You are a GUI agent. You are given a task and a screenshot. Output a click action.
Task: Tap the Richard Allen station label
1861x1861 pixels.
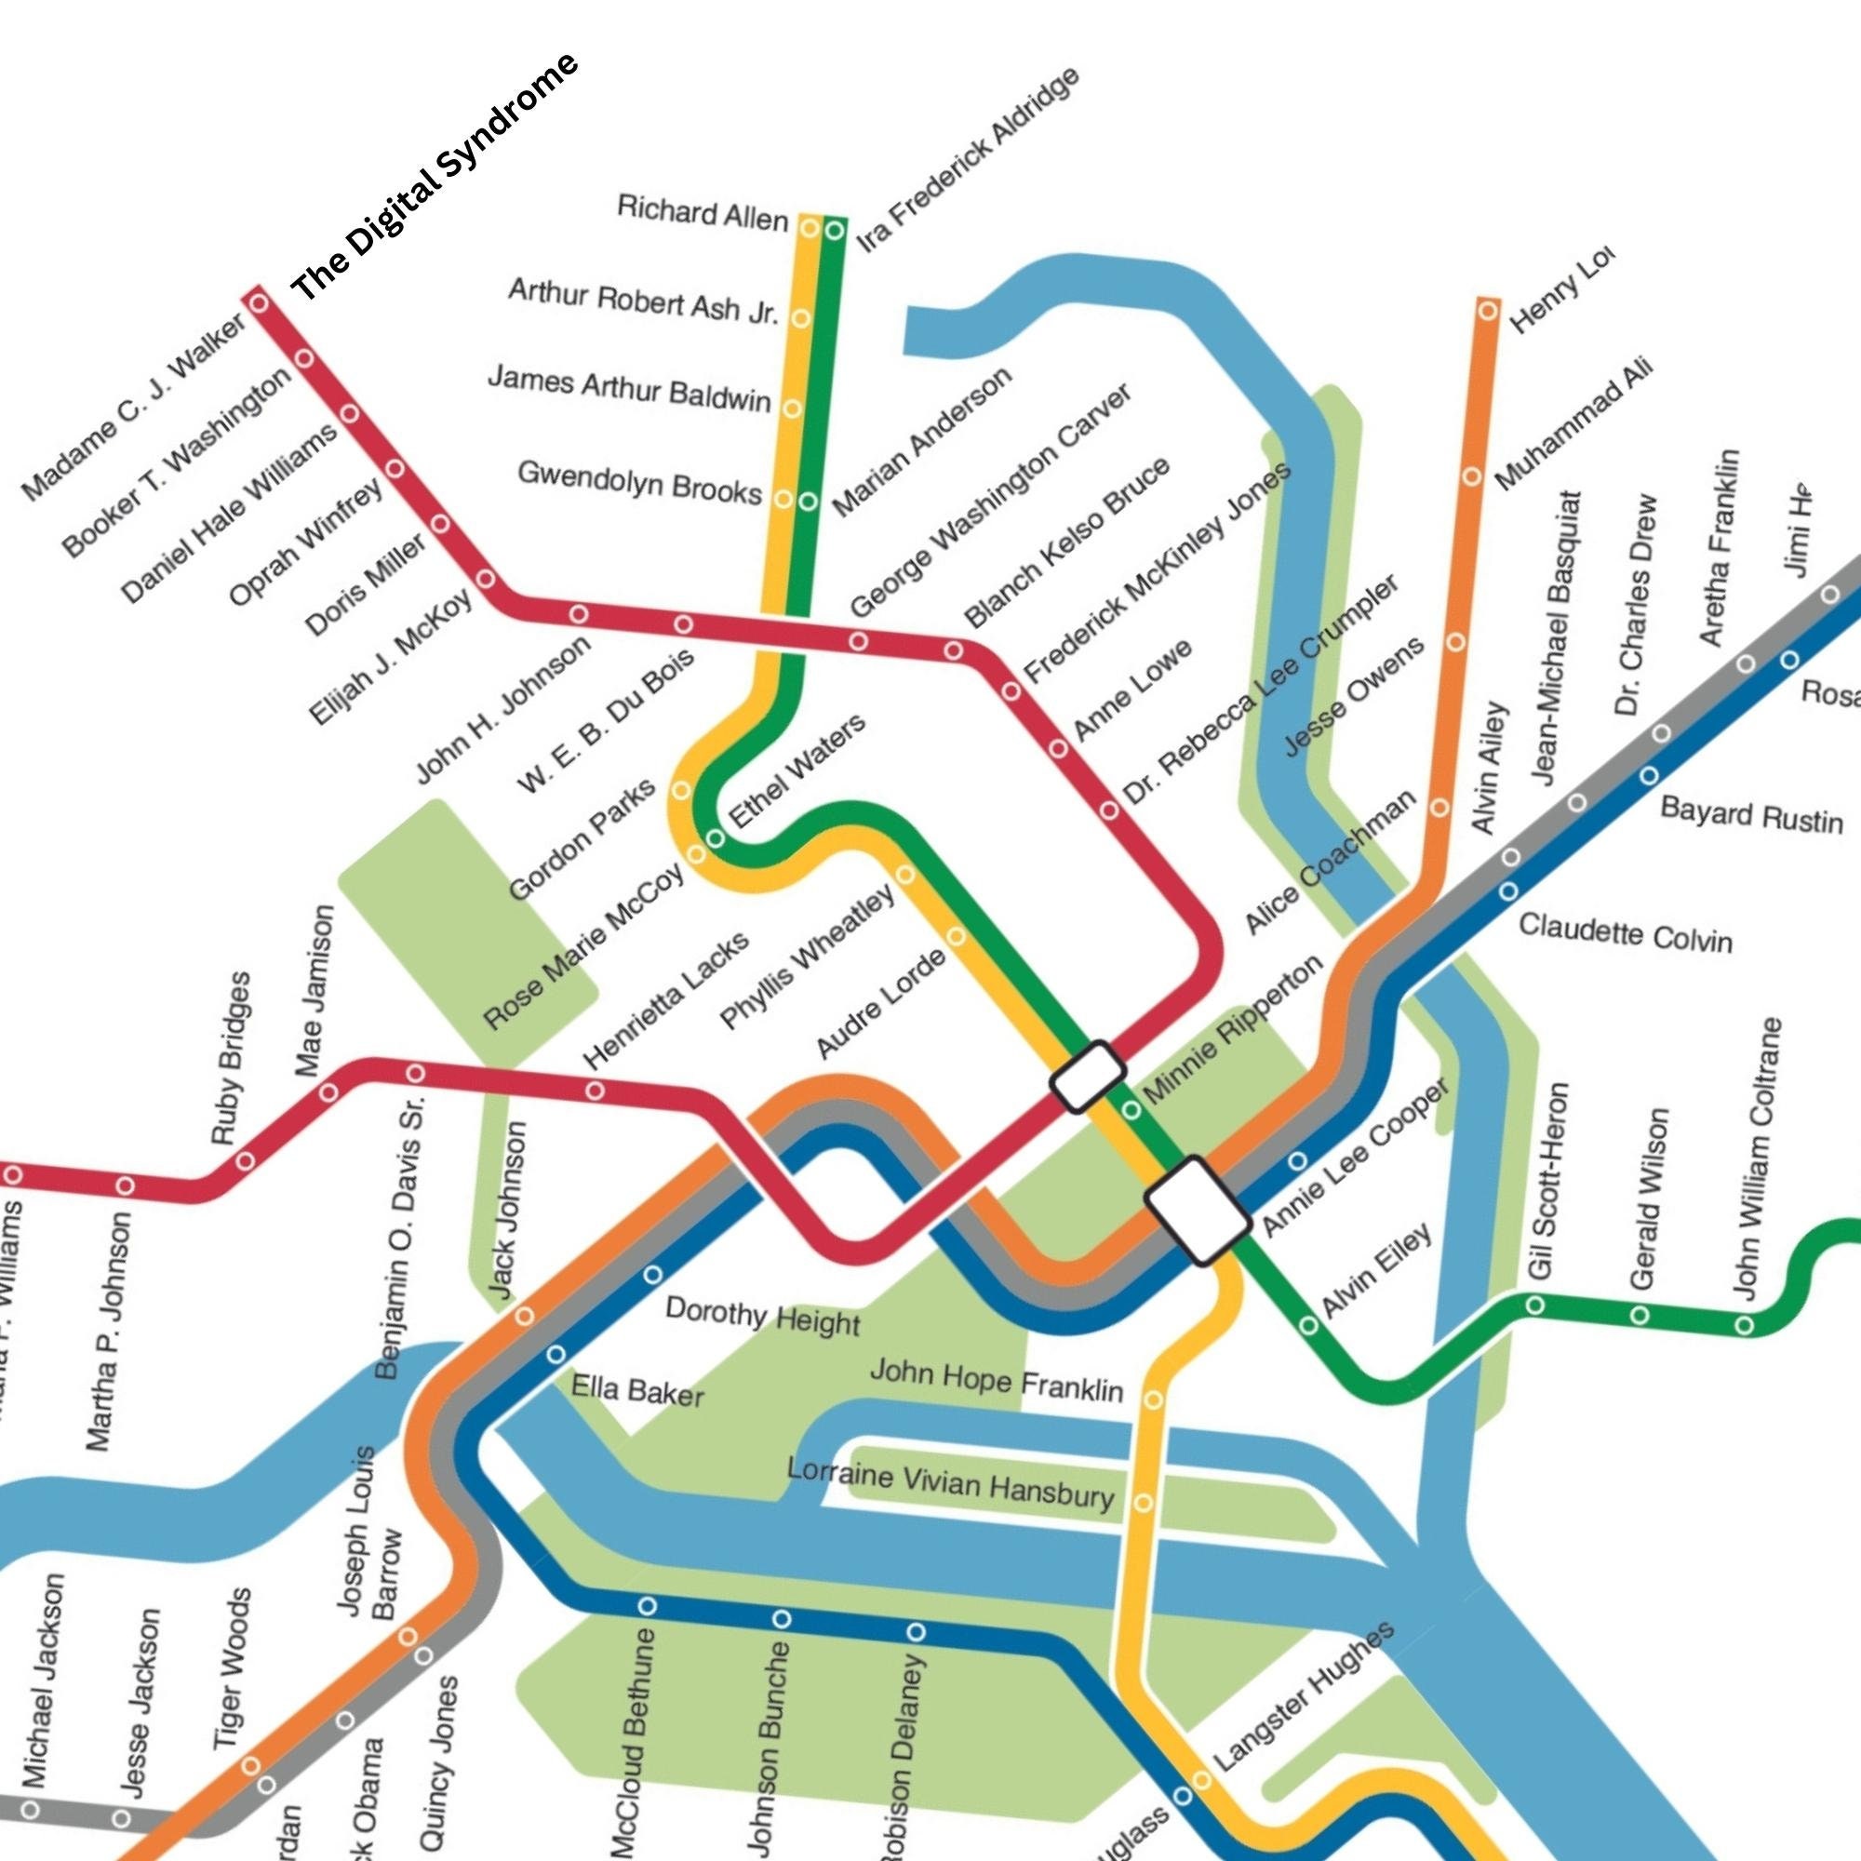703,213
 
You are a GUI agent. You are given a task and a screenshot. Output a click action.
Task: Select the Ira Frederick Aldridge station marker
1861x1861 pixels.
834,230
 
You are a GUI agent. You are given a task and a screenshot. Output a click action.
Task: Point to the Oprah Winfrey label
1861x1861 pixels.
305,542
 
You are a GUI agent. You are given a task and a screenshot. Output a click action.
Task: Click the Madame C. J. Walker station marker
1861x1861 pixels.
258,302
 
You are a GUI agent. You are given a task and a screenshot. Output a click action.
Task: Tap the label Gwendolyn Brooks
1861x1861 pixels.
638,482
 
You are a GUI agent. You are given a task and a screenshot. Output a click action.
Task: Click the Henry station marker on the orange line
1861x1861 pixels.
1488,310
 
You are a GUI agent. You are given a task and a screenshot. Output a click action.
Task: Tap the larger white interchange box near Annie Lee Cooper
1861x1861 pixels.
1198,1211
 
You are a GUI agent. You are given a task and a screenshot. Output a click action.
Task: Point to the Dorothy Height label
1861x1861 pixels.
762,1316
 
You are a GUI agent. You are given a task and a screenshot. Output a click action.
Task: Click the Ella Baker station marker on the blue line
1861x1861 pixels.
556,1354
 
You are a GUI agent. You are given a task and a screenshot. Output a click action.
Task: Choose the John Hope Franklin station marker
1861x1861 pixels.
1153,1399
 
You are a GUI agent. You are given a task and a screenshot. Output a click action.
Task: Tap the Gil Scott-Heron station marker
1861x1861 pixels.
1535,1305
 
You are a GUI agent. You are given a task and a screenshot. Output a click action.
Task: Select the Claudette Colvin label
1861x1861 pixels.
1625,932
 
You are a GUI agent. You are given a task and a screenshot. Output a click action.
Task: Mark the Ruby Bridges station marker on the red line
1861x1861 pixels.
245,1159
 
